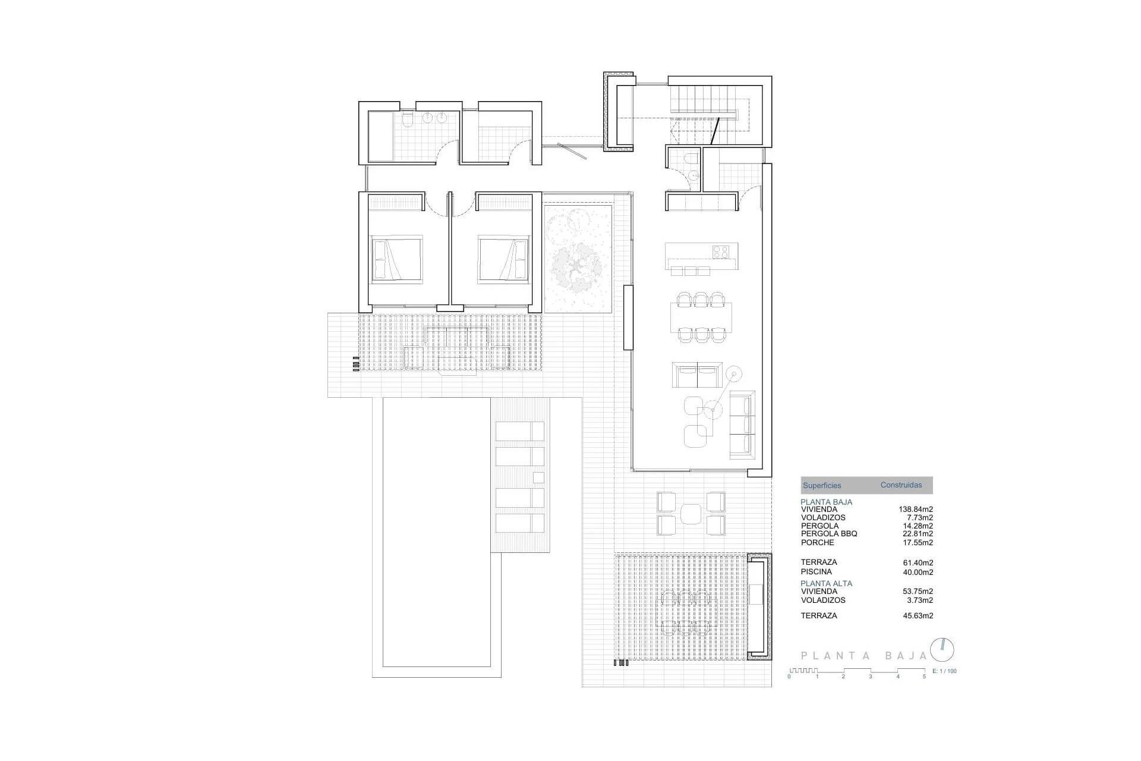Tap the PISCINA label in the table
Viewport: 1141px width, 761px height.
coord(816,572)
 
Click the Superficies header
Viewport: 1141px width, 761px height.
coord(822,486)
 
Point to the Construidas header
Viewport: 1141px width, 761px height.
coord(901,485)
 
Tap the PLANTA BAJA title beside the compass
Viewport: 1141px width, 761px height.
coord(863,656)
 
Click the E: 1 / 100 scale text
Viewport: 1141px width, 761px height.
coord(944,671)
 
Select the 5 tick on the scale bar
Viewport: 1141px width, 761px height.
coord(924,677)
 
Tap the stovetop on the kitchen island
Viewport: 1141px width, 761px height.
coord(721,252)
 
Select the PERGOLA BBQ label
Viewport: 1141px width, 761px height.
coord(829,534)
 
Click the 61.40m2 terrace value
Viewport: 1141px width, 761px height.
coord(918,562)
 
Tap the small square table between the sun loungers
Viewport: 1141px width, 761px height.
coord(538,477)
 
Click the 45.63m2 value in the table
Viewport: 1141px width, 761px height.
coord(918,616)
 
